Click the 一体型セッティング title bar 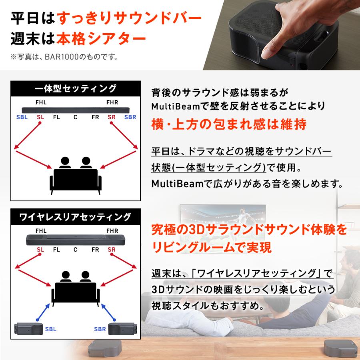tap(75, 88)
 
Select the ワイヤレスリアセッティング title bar tap(75, 217)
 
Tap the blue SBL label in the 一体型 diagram tap(22, 117)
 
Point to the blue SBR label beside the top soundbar tap(130, 117)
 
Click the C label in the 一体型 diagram tap(75, 117)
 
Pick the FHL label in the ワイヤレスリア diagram tap(41, 231)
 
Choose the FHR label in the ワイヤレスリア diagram tap(112, 231)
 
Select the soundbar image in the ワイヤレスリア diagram tap(76, 240)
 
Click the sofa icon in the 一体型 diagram tap(76, 180)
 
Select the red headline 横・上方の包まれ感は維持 tap(229, 124)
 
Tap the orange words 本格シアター tap(100, 39)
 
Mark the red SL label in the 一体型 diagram tap(40, 117)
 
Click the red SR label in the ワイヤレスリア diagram tap(112, 250)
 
